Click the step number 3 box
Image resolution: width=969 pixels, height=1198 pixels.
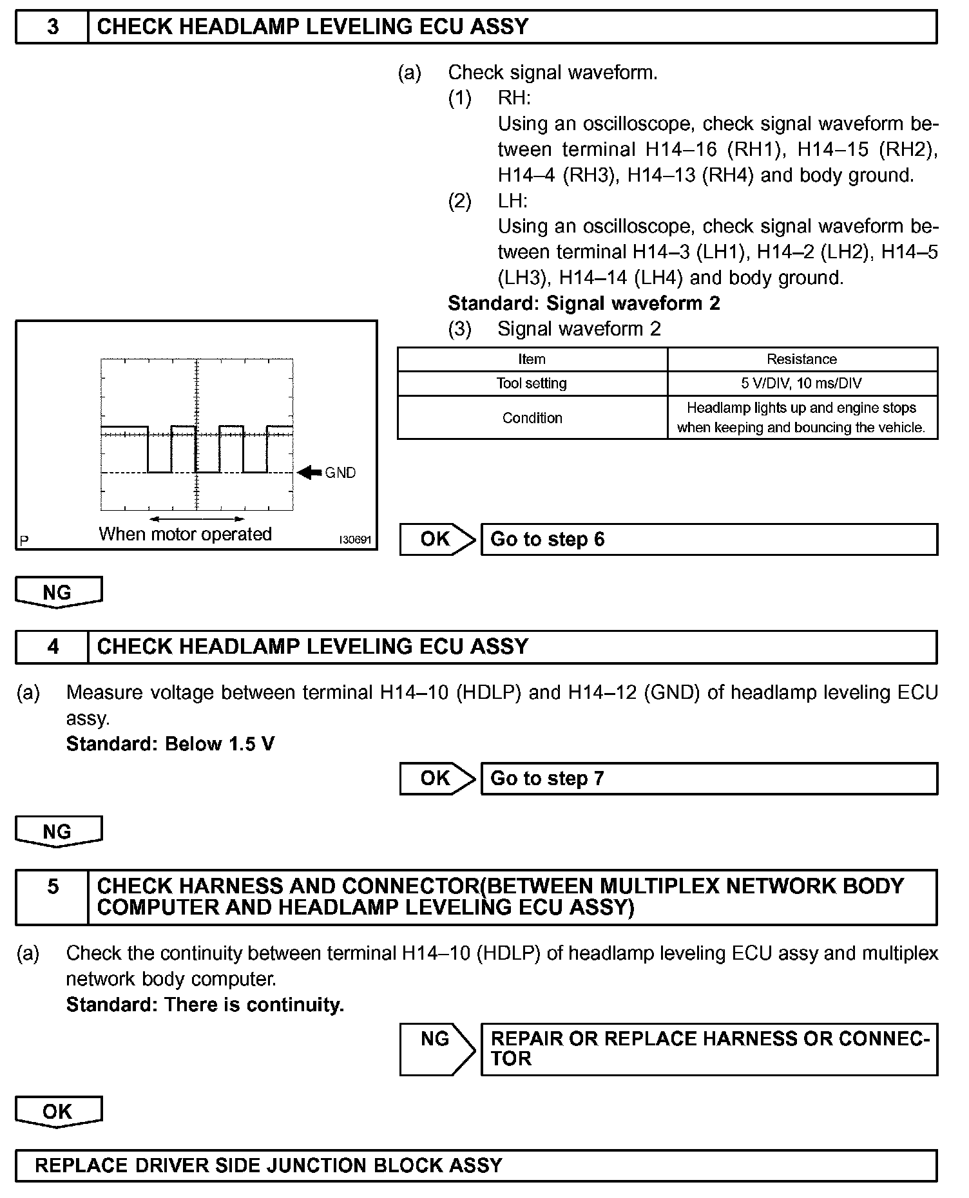point(53,27)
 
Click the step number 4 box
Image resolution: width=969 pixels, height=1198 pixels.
point(53,647)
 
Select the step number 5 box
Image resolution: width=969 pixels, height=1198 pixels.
point(53,897)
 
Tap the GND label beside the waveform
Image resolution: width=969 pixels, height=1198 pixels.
point(340,473)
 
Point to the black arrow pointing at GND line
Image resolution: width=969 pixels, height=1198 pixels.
point(310,473)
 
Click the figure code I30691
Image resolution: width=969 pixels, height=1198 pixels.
point(356,540)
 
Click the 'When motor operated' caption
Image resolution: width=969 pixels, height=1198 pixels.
point(185,534)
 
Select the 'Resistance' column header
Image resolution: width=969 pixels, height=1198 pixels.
point(801,359)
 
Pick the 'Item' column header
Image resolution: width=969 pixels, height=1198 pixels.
point(532,359)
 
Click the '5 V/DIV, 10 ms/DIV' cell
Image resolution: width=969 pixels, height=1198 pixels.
point(801,383)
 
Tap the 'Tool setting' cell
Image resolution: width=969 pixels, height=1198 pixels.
point(532,383)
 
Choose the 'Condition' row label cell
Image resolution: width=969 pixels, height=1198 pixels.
point(532,418)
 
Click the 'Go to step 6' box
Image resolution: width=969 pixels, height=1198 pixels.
point(709,539)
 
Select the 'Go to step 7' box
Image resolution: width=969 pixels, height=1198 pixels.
point(709,779)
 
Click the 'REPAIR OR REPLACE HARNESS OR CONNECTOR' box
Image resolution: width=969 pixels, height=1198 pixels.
point(709,1049)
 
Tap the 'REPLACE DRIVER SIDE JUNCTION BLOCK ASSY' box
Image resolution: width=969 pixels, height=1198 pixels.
point(475,1165)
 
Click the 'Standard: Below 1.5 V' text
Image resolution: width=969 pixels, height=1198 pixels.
point(170,744)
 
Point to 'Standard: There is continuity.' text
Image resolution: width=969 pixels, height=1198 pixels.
point(205,1005)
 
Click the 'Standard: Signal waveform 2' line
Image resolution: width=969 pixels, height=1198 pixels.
point(584,303)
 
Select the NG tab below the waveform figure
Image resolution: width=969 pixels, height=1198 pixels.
point(58,592)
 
